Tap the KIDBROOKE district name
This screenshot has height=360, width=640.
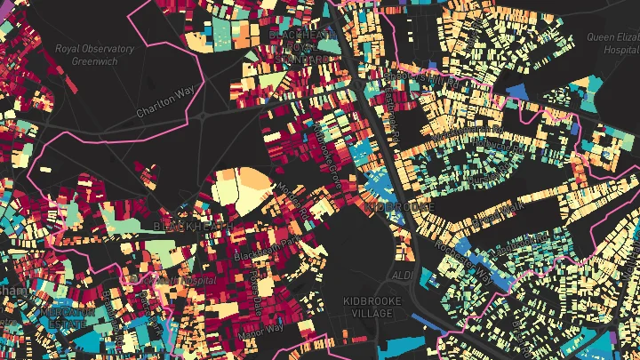pos(399,206)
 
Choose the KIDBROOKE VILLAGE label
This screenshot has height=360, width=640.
pos(372,308)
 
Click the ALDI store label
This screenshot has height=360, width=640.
pos(402,276)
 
